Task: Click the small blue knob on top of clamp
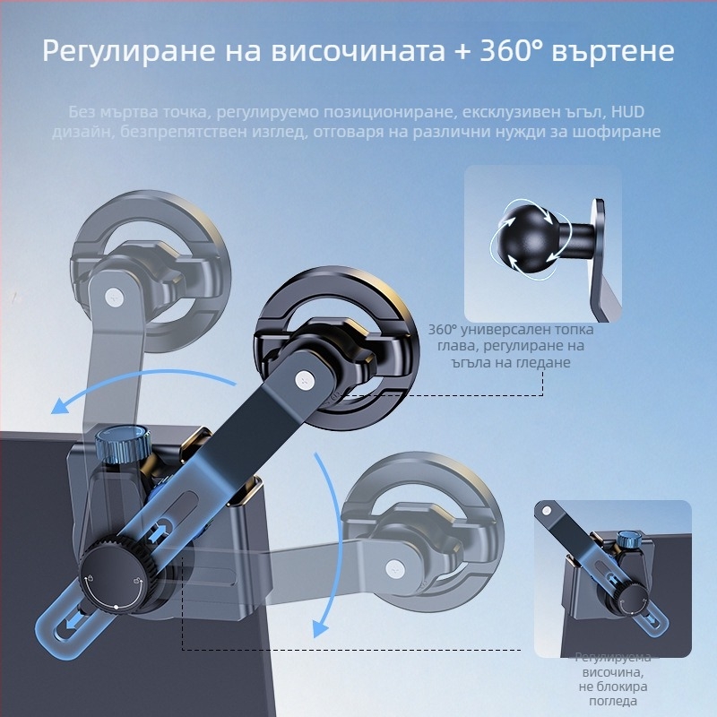point(120,445)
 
